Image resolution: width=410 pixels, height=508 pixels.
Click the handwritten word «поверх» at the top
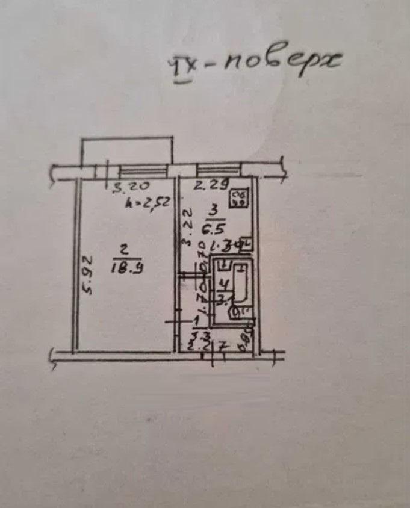point(283,61)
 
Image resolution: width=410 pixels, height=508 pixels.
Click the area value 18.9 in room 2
point(128,265)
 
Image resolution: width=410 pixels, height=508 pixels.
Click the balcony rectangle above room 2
point(127,150)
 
